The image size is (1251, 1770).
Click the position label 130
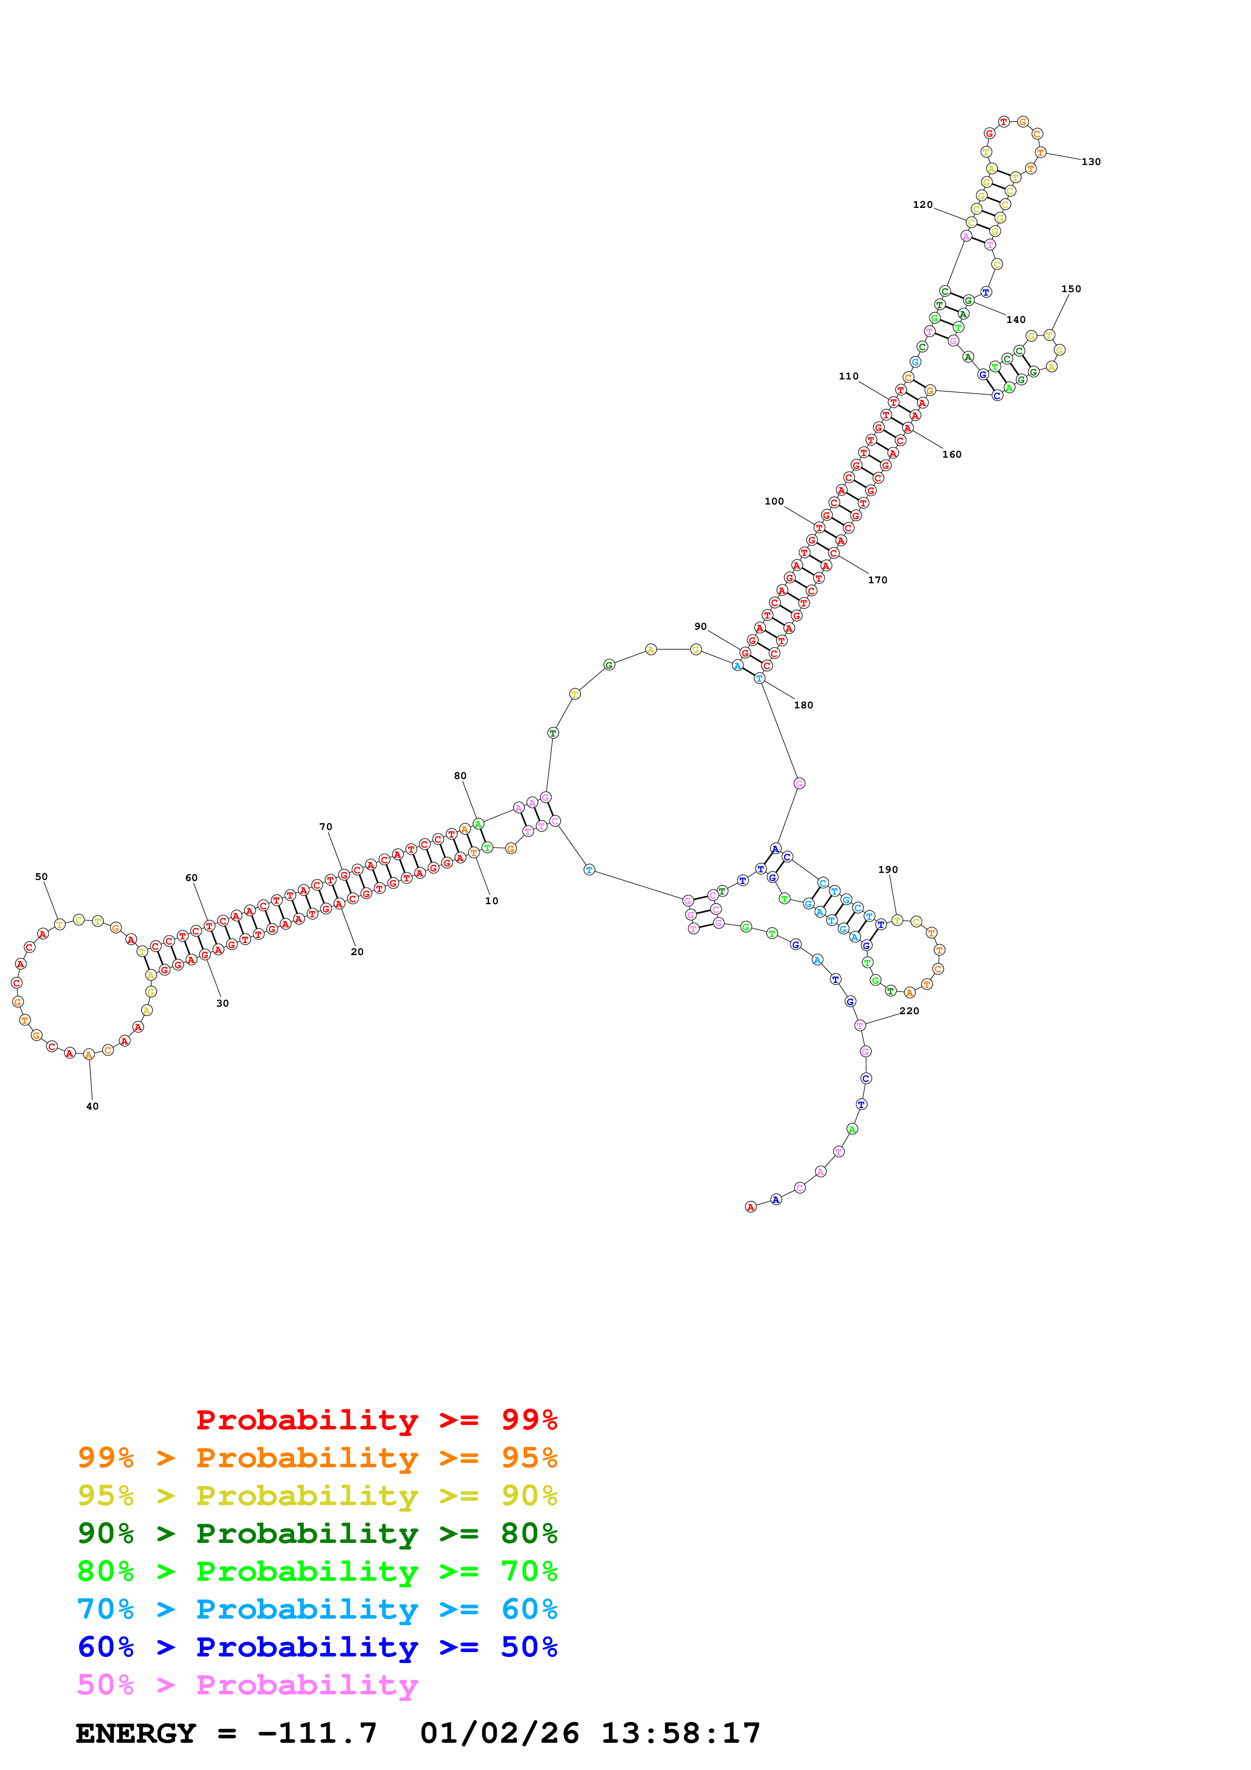click(x=1091, y=162)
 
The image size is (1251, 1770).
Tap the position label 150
click(x=1071, y=289)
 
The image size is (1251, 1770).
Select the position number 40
click(x=92, y=1106)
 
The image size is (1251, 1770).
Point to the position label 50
click(x=41, y=876)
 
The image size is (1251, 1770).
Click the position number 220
click(x=909, y=1011)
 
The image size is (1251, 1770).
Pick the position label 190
click(x=888, y=869)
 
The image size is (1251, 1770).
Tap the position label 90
click(x=700, y=627)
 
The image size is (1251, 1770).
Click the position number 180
click(x=803, y=705)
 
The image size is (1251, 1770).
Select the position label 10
click(x=492, y=901)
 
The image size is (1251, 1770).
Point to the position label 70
click(x=326, y=826)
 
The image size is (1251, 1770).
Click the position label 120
click(x=922, y=204)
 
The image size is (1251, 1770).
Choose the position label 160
click(x=952, y=455)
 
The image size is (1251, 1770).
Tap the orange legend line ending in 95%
click(x=317, y=1458)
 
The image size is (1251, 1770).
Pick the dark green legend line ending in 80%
click(x=317, y=1533)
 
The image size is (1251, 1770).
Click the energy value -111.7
click(x=317, y=1734)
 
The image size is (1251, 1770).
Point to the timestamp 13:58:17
click(x=681, y=1734)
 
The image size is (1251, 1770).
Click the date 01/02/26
click(x=500, y=1734)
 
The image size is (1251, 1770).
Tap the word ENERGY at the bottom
click(x=136, y=1734)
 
